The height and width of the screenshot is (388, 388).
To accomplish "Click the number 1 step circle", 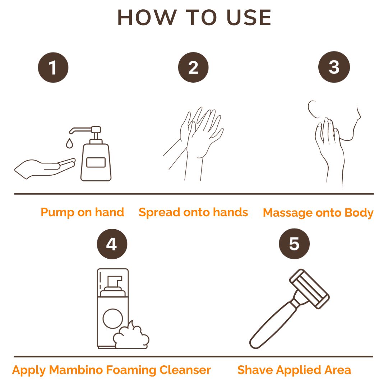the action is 53,68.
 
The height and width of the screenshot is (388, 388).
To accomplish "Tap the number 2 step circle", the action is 193,67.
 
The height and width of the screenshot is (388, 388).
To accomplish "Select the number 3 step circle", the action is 334,67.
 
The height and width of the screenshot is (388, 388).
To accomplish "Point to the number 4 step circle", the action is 112,244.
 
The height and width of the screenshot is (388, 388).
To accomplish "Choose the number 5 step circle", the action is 294,244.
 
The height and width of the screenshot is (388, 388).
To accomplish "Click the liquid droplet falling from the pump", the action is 70,143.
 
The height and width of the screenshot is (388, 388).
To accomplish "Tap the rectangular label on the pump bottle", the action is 96,163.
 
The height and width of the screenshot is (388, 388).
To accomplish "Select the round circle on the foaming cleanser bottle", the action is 113,319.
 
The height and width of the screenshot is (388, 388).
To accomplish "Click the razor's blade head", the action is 309,289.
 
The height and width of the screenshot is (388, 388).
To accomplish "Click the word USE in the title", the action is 249,18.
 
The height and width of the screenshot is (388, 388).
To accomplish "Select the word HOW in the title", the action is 146,18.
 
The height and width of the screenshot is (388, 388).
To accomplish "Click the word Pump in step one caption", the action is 57,213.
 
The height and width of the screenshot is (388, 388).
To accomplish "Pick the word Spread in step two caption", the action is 159,213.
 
